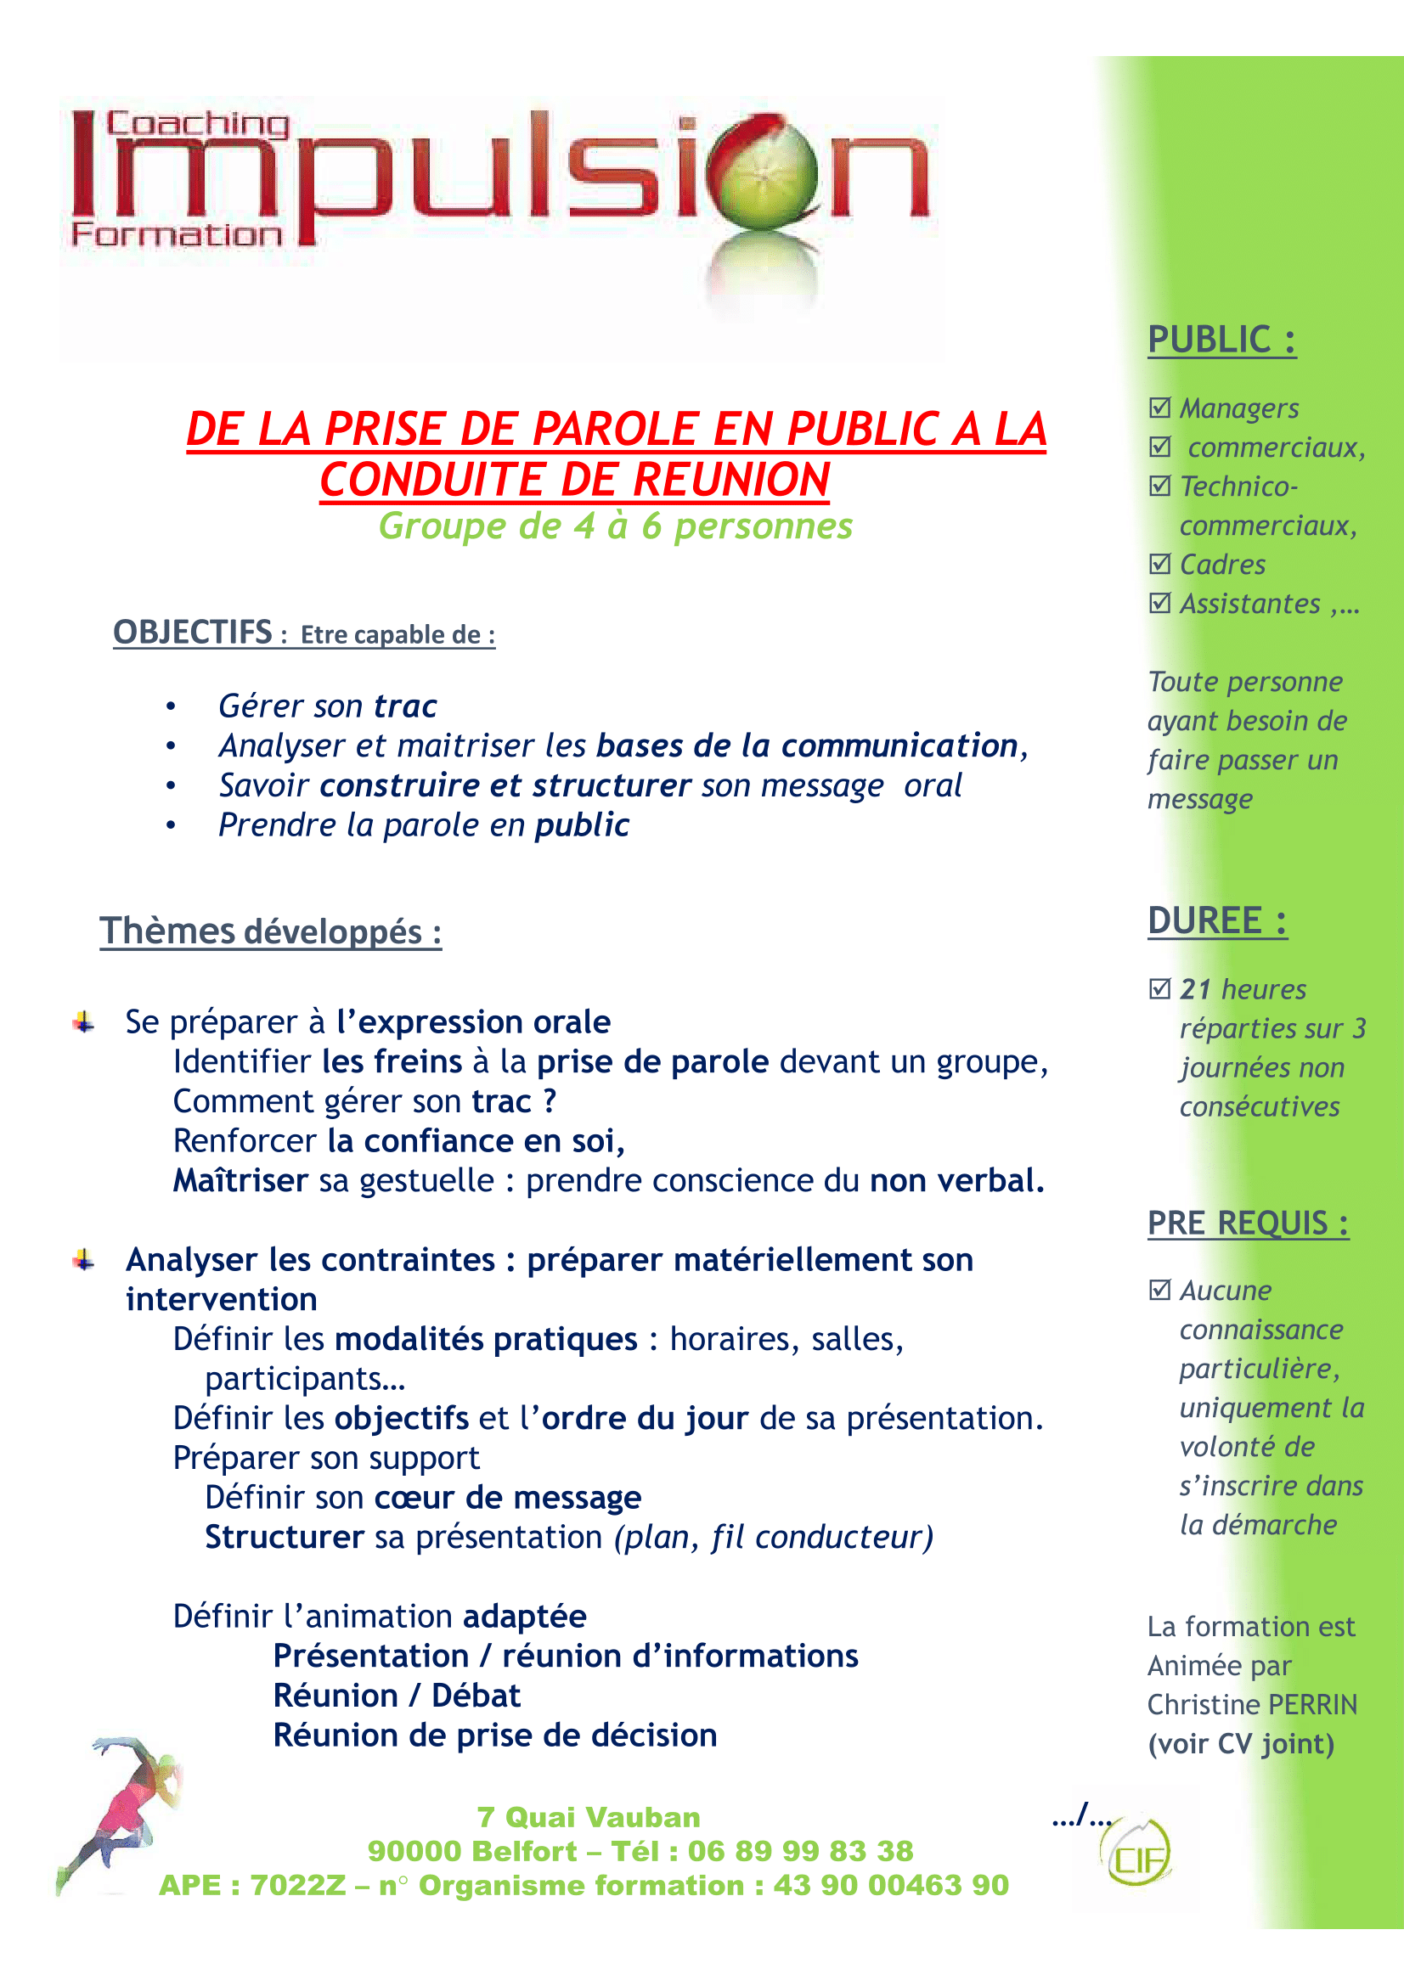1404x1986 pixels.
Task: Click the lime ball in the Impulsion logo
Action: click(761, 173)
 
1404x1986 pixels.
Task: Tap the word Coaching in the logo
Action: click(197, 125)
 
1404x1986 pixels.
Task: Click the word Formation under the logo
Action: click(177, 234)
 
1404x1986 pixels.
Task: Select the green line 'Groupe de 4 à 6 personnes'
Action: click(615, 526)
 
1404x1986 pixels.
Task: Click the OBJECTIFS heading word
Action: click(193, 633)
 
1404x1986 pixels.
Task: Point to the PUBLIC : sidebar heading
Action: click(1221, 339)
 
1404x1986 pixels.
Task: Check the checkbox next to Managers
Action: click(1159, 408)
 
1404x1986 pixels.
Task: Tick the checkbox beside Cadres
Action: click(1159, 564)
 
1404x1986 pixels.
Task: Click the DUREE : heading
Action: click(1216, 920)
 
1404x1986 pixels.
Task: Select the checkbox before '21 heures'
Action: click(1159, 987)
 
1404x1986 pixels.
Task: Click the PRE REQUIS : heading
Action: click(1248, 1223)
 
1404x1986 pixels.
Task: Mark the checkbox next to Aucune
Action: click(1159, 1290)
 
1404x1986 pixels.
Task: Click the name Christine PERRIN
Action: click(1252, 1704)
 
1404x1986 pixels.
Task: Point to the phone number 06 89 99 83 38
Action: click(800, 1851)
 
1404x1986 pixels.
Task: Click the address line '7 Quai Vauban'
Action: click(589, 1816)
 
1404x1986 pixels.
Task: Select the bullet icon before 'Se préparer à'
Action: click(84, 1022)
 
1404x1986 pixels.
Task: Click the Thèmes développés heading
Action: click(270, 931)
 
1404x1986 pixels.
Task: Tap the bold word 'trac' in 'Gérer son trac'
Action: click(405, 706)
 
